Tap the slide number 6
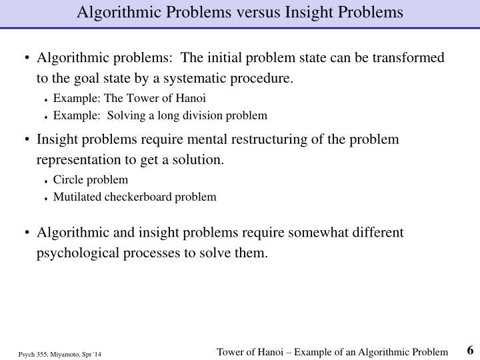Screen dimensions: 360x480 tap(470, 350)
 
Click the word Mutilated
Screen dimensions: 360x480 tap(76, 197)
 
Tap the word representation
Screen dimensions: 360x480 tap(85, 161)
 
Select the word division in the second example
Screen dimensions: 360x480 tap(201, 115)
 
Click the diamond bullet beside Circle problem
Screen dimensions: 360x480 tap(47, 181)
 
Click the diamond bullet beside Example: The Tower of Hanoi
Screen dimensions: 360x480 tap(47, 99)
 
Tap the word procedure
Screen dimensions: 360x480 tap(265, 79)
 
